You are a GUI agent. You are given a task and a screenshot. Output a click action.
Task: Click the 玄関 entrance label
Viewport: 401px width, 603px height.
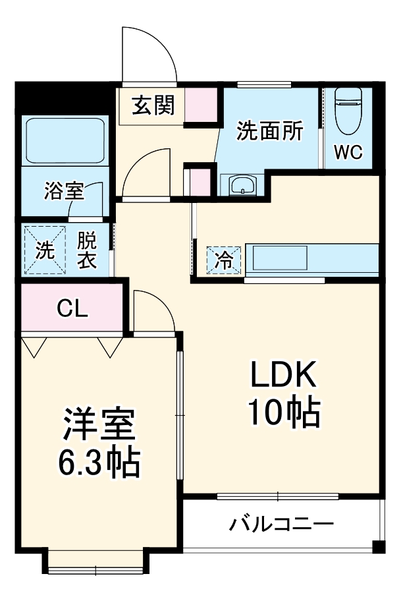click(153, 105)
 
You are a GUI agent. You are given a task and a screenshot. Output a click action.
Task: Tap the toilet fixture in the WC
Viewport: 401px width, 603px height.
click(348, 111)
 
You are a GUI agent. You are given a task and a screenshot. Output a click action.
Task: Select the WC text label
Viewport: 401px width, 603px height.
click(348, 152)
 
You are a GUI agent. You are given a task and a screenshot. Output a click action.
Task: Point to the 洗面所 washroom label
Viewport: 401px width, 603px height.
click(269, 130)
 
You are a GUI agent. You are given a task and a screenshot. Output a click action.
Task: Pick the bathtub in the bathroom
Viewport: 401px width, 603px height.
click(65, 141)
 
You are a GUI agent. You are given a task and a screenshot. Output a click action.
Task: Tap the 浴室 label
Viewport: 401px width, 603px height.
click(64, 190)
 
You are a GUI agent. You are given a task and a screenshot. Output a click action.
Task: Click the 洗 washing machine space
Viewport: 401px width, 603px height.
click(45, 250)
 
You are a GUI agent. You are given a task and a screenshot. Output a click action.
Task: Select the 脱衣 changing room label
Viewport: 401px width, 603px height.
click(87, 250)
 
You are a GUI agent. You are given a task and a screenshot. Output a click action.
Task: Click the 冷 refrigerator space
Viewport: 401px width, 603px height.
click(225, 260)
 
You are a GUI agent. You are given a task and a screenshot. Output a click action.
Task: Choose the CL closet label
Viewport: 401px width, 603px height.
click(72, 308)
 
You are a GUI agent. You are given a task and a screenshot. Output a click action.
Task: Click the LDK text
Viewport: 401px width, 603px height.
click(283, 374)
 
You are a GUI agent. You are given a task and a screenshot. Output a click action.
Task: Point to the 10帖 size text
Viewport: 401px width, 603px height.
click(284, 413)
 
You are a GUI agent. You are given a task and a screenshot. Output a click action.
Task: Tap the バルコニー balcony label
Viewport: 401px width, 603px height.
click(281, 524)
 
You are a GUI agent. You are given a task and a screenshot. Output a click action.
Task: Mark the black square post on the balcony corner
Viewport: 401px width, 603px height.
click(379, 546)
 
